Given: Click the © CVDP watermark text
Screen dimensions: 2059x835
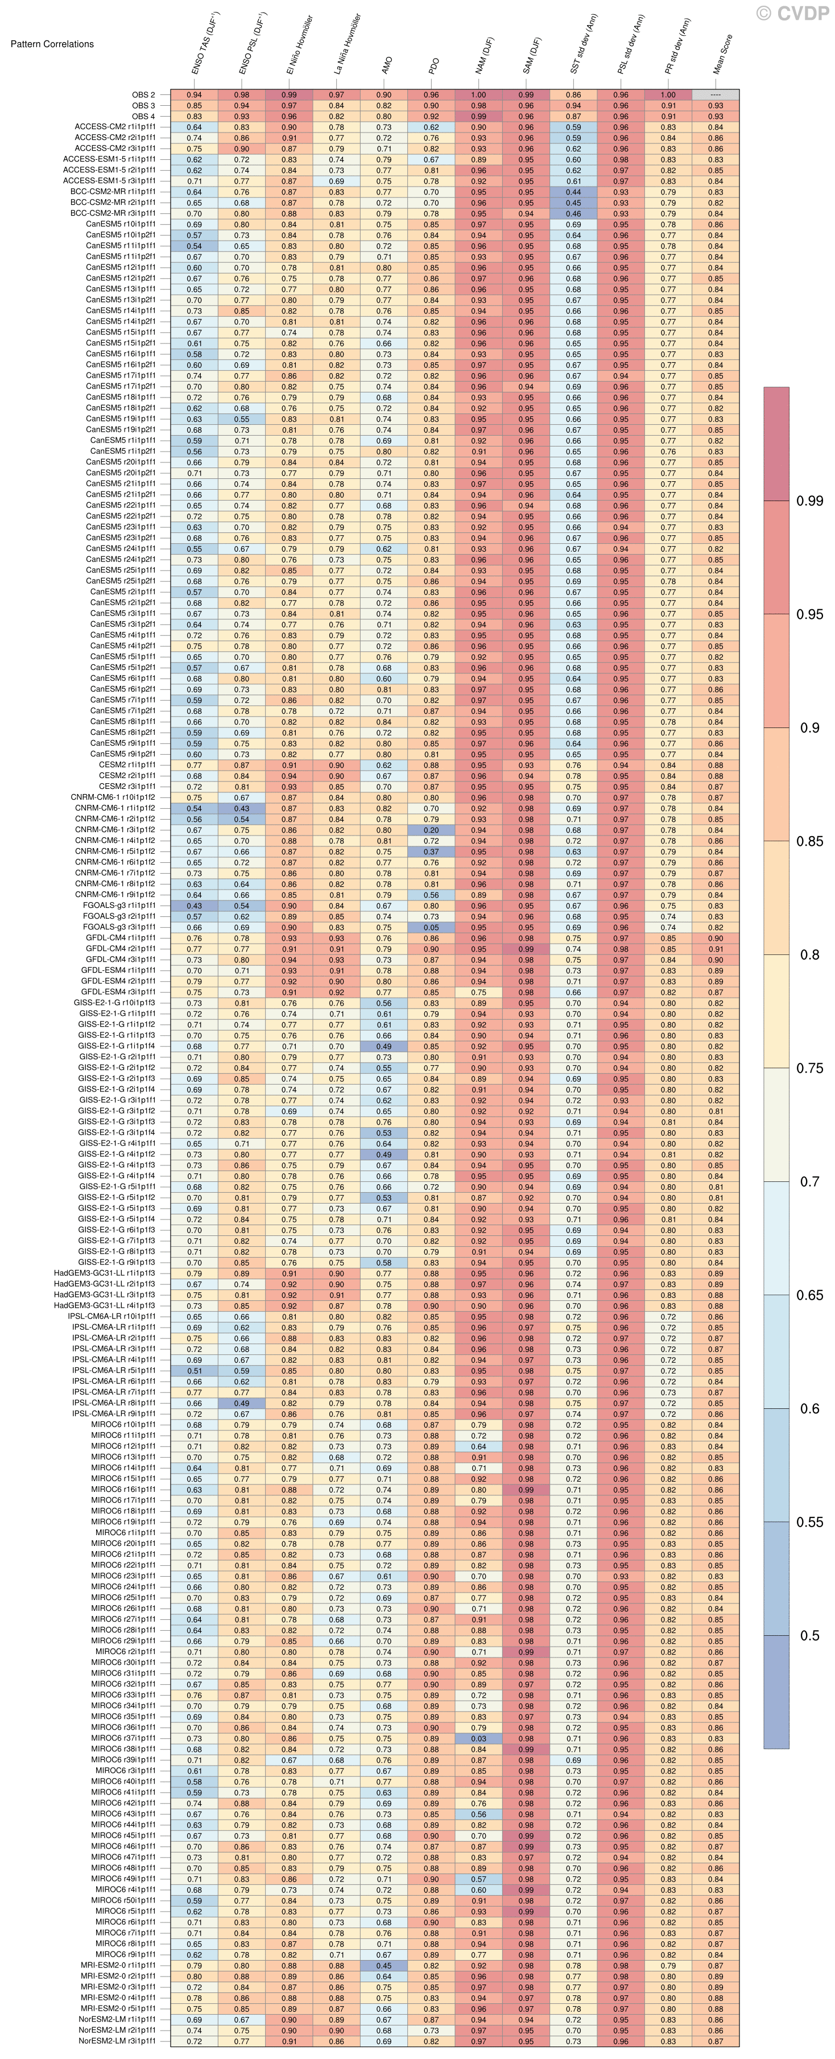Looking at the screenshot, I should click(x=793, y=14).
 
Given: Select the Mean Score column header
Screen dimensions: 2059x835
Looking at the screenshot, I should click(x=722, y=56).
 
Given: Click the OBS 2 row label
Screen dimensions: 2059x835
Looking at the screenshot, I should click(x=144, y=95).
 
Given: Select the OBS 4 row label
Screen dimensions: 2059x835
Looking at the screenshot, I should click(x=144, y=117).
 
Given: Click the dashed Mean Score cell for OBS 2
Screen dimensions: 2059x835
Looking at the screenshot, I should click(x=715, y=95).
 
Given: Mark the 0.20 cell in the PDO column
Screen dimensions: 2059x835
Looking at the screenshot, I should click(x=432, y=830).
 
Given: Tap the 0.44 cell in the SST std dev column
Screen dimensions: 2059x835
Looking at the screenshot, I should click(x=574, y=192).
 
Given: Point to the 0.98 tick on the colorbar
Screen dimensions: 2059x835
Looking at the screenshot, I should click(x=809, y=501).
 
